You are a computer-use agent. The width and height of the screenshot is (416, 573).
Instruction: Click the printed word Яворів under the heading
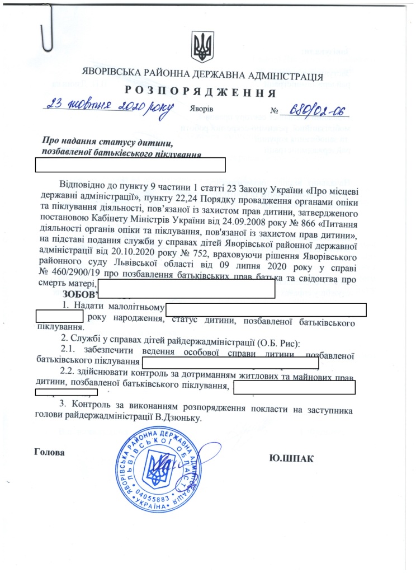[x=201, y=109]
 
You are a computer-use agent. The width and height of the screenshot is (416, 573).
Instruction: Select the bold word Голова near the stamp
[x=50, y=452]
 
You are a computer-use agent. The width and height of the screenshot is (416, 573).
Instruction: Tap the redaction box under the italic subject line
[x=130, y=164]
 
